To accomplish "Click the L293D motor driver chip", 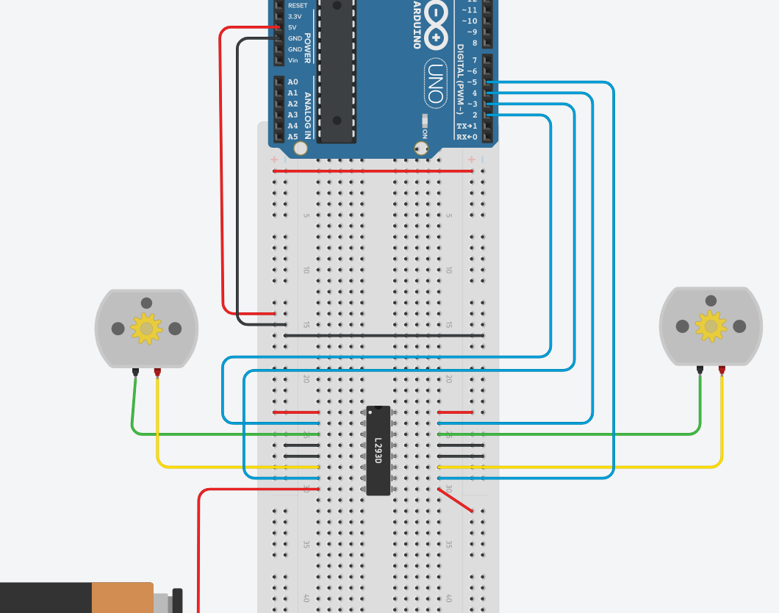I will coord(378,450).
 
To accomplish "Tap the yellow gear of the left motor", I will coord(146,329).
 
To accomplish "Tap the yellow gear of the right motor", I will coord(711,326).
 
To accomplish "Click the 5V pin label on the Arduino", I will coord(292,27).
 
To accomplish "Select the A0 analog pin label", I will coord(293,82).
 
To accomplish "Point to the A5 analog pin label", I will coord(293,137).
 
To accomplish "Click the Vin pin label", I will coord(293,60).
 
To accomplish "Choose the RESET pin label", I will coord(298,5).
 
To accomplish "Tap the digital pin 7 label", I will coord(474,60).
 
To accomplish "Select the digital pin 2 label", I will coord(474,115).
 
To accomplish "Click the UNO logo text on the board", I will coord(435,84).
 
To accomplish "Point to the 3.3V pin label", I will coord(294,16).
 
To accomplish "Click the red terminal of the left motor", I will coord(157,372).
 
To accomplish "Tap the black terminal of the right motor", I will coord(700,370).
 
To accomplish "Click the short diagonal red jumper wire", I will coord(456,500).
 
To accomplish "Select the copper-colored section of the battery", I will coord(122,598).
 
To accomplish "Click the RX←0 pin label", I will coord(467,137).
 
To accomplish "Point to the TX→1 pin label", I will coord(467,126).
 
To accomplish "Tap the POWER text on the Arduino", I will coord(308,48).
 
